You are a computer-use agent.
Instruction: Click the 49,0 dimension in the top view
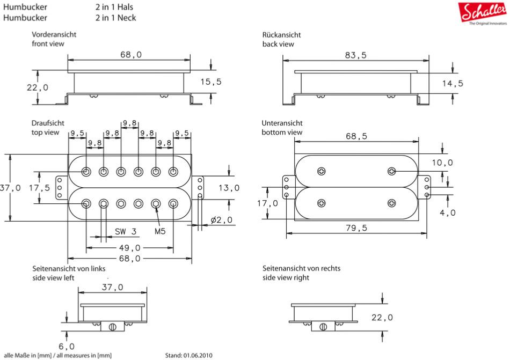click(130, 248)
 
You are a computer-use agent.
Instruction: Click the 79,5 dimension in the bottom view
click(357, 228)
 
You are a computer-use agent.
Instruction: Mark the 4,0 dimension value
click(447, 212)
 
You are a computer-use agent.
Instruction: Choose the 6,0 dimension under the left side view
click(67, 346)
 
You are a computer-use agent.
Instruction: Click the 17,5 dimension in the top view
click(39, 188)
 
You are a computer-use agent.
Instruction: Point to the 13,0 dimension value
click(229, 188)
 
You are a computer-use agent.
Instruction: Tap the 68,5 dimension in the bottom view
click(356, 136)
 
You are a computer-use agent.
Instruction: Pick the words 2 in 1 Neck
click(115, 18)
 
